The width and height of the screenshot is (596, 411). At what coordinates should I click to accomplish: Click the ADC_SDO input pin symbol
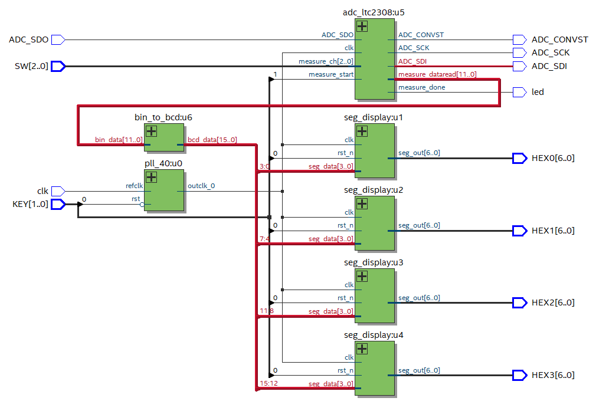(58, 40)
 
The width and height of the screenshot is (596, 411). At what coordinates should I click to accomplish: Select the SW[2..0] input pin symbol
(58, 66)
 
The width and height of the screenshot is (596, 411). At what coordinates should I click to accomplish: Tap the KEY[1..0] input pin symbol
(58, 205)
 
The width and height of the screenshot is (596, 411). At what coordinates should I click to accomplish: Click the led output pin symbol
(520, 93)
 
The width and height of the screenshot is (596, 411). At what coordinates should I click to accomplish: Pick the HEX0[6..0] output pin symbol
(520, 159)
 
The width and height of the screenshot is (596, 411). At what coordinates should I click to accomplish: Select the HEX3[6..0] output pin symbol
(520, 375)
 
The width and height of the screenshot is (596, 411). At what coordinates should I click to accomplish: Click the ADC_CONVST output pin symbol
(520, 40)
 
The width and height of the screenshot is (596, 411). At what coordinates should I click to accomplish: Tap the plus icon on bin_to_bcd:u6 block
(151, 131)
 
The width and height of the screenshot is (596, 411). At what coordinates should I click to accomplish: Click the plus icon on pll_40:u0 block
(151, 177)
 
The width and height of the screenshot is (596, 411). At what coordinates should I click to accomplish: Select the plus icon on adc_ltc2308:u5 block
(362, 26)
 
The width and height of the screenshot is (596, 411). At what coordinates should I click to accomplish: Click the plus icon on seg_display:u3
(362, 276)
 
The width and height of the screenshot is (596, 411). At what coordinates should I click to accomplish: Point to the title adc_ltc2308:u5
(374, 12)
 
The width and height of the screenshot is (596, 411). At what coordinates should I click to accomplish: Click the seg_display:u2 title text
(374, 190)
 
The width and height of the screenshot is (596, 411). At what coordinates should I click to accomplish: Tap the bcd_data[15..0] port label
(212, 140)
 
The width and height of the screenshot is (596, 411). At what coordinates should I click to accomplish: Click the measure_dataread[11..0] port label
(437, 74)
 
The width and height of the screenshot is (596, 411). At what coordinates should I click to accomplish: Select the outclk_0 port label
(201, 186)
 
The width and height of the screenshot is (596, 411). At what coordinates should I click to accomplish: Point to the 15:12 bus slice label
(268, 384)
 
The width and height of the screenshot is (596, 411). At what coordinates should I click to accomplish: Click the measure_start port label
(331, 74)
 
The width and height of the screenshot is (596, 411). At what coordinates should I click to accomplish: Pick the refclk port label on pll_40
(134, 186)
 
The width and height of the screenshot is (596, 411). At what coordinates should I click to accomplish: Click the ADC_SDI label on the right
(549, 66)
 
